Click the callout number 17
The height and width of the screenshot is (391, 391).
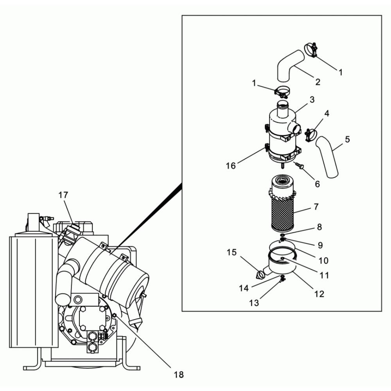click(x=63, y=195)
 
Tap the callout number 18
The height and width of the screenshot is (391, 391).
click(x=179, y=374)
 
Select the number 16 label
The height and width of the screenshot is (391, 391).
click(x=231, y=166)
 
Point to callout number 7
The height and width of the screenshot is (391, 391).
click(x=316, y=207)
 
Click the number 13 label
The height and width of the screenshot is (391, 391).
click(x=254, y=303)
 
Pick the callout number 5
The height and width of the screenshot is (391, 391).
click(x=347, y=139)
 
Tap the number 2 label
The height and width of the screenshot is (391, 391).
click(x=317, y=82)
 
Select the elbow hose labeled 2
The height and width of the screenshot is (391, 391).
click(x=291, y=66)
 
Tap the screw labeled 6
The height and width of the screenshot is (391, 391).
click(x=299, y=165)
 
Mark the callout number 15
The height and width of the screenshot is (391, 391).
click(x=231, y=252)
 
